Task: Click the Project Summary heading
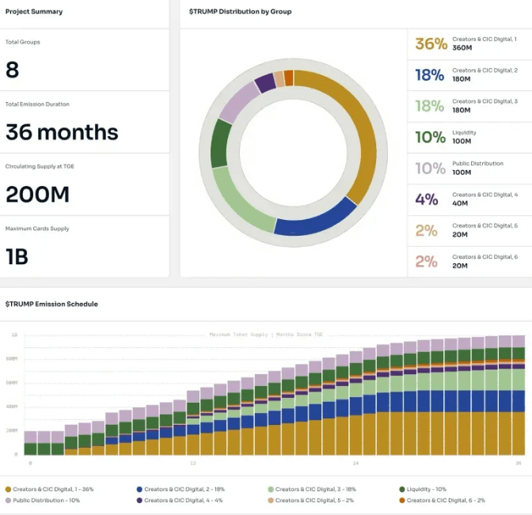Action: [x=34, y=12]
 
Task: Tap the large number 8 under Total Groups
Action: [x=13, y=70]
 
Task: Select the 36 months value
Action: [x=62, y=132]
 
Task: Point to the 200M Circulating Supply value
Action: [x=37, y=195]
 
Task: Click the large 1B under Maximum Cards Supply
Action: [x=18, y=256]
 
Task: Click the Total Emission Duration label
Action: [x=37, y=104]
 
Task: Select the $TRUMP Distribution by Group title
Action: [x=240, y=12]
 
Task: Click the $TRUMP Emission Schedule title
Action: [x=51, y=304]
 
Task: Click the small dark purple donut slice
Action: [x=265, y=83]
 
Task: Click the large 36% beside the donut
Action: [x=431, y=44]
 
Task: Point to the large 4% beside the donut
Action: [x=427, y=199]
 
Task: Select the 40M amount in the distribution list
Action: [x=460, y=203]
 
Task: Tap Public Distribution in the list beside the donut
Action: [x=477, y=164]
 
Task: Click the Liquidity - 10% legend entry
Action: [x=424, y=490]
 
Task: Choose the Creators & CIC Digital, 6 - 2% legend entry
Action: [x=446, y=501]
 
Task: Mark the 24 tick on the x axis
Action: [x=355, y=464]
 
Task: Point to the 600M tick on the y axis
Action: [x=13, y=383]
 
